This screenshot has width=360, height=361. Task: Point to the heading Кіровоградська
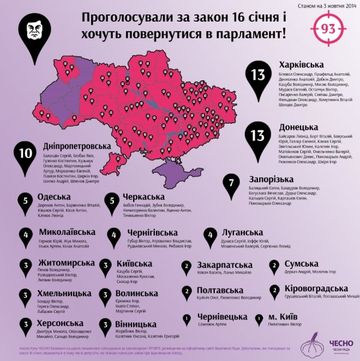[313, 289]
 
